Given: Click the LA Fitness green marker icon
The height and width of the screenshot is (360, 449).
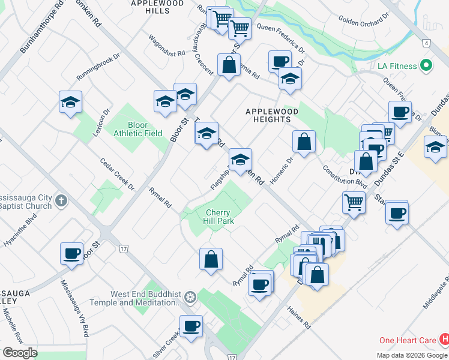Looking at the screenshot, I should tap(427, 65).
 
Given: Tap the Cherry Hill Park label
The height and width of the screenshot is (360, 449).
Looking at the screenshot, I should tap(218, 217).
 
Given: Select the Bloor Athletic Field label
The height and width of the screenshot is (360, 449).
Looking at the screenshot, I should tap(137, 129).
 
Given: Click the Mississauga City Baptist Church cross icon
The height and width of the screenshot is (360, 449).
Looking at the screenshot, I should tap(61, 200).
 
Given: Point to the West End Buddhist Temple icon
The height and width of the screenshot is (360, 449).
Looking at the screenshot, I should tap(190, 297).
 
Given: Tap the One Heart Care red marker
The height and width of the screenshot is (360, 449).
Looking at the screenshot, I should tap(444, 340).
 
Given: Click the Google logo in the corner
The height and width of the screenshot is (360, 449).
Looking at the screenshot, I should tap(20, 353).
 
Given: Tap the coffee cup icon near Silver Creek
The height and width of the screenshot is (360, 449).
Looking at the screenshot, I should tap(191, 326).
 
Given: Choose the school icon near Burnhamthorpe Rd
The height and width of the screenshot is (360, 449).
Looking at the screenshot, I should tap(70, 101).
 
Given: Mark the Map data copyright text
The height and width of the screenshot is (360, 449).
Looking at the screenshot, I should tap(412, 355).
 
